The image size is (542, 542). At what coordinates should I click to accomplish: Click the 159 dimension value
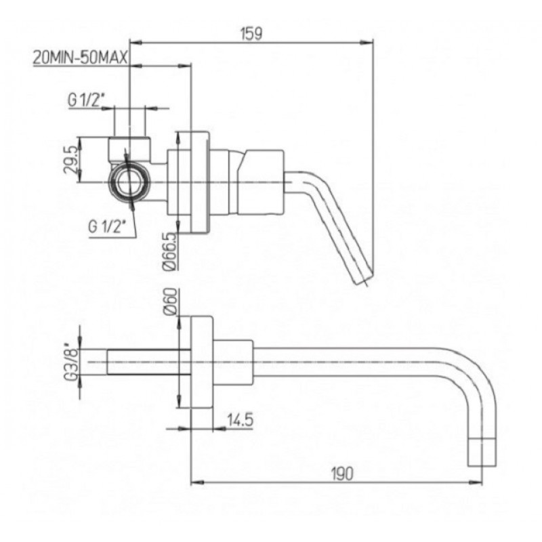click(x=251, y=33)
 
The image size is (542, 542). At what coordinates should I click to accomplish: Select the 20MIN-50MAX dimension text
click(x=81, y=58)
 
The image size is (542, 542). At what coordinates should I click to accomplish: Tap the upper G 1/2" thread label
click(x=87, y=100)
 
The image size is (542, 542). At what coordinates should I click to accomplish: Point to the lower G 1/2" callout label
click(x=107, y=227)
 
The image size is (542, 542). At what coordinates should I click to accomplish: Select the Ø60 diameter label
click(x=170, y=301)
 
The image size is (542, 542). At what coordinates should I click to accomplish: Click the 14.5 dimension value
click(x=240, y=420)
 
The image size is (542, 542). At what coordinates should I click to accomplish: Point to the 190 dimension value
click(x=342, y=474)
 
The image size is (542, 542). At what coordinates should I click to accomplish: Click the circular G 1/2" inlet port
click(x=129, y=182)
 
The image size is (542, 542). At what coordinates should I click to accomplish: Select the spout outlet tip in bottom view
click(x=481, y=452)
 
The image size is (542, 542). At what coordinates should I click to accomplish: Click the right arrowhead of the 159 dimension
click(x=367, y=43)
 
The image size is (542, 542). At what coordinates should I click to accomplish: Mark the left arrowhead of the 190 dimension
click(x=197, y=482)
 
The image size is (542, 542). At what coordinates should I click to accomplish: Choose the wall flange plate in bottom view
click(x=202, y=362)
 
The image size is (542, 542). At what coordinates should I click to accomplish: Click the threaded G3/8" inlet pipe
click(x=148, y=362)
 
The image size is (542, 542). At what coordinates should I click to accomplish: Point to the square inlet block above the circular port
click(x=129, y=149)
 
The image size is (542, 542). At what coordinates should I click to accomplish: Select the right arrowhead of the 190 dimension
click(x=476, y=482)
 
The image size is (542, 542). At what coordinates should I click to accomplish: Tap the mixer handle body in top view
click(x=264, y=182)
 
